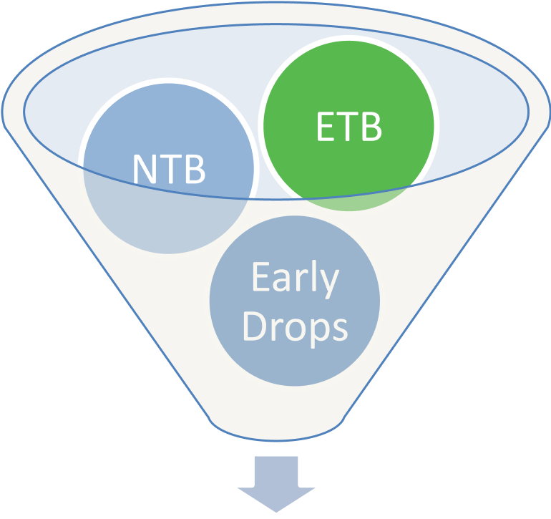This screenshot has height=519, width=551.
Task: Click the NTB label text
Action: coord(169,169)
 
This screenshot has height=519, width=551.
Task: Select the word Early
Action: coord(295,278)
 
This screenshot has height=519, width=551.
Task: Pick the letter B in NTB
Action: coord(194,169)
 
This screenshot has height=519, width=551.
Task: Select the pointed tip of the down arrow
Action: coord(277,513)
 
